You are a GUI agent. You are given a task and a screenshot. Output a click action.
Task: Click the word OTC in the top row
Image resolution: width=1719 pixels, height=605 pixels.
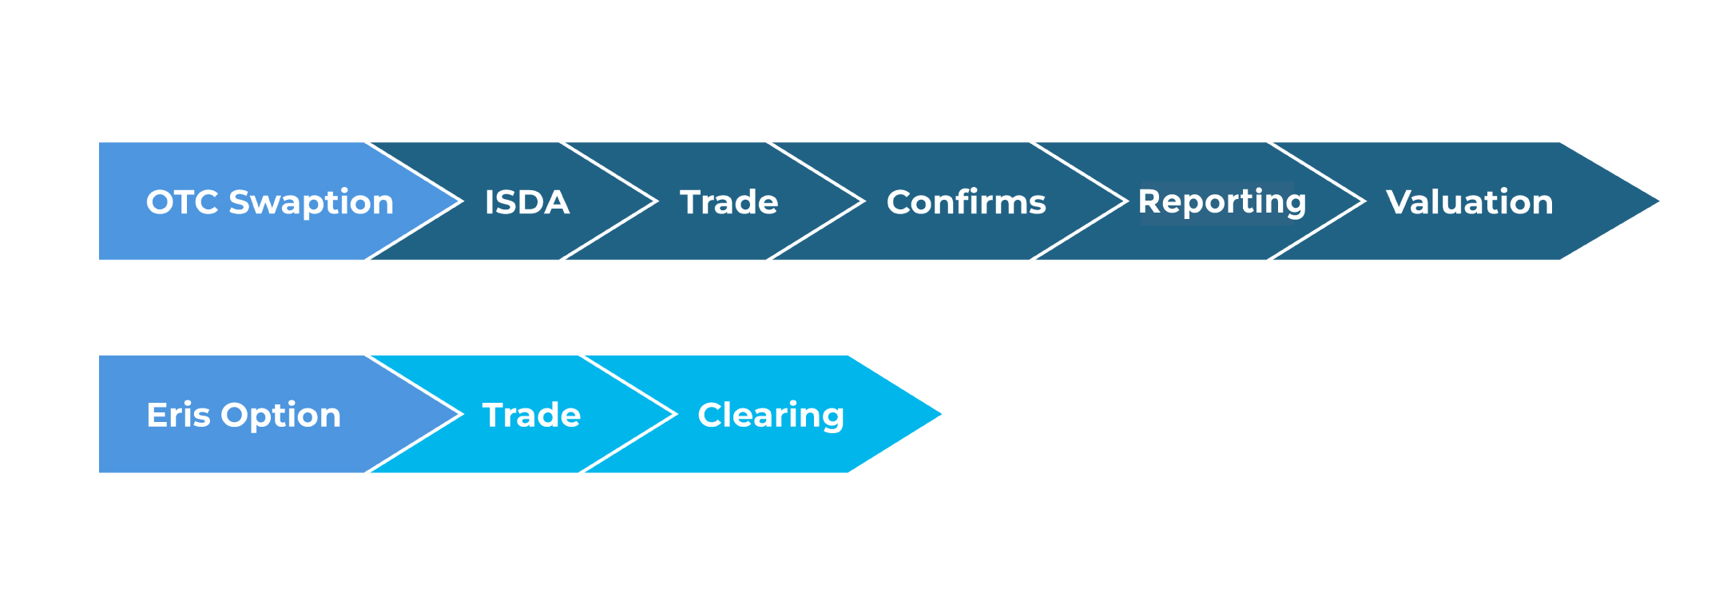pos(182,202)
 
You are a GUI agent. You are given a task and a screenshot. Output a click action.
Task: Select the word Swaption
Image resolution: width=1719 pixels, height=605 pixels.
pos(311,203)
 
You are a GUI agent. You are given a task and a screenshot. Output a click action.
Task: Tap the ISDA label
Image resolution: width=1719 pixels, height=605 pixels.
pos(526,202)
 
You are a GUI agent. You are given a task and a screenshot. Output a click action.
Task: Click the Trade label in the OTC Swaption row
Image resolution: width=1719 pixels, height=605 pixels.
pos(728,202)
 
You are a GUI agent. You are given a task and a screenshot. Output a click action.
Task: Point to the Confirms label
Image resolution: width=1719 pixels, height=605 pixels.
pos(966,202)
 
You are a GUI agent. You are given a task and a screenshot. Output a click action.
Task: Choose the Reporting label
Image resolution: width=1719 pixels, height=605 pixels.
pos(1221,202)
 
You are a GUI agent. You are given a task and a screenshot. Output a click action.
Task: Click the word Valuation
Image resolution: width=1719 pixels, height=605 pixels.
pos(1469,202)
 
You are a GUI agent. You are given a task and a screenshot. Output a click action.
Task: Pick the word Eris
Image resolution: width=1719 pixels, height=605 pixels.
pos(178,415)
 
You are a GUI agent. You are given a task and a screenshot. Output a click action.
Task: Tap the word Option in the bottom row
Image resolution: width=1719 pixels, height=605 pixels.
pos(280,416)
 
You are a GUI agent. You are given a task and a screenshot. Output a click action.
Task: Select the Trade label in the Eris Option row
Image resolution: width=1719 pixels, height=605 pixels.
pos(531,415)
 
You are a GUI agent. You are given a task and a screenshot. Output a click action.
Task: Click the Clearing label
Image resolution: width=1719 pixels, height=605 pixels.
pos(770,416)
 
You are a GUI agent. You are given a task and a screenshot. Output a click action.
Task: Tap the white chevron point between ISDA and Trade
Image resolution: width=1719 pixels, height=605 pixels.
pos(656,201)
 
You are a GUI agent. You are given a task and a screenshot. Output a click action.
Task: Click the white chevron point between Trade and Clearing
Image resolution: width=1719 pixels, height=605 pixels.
pos(675,414)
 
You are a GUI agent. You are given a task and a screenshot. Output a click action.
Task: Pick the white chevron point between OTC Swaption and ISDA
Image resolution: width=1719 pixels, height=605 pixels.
pos(461,201)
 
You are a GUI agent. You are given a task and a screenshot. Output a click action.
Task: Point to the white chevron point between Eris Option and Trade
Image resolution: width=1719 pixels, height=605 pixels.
pos(461,414)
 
